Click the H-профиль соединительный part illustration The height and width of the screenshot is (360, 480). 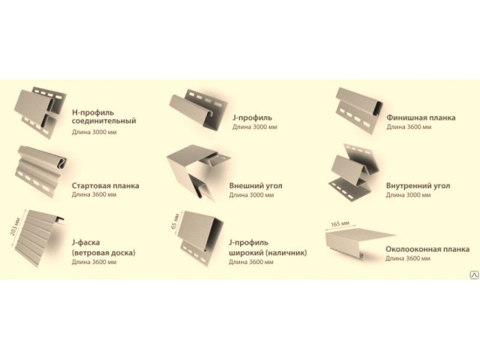pos(40,112)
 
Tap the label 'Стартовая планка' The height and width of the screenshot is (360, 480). pos(105,186)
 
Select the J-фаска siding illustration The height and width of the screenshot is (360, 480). pos(40,238)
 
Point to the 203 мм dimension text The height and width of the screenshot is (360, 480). pos(15,226)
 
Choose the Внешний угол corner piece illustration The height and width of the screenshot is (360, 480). pos(199,172)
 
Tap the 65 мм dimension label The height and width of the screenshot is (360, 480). pos(175,221)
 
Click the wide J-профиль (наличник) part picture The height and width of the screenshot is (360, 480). pos(202,238)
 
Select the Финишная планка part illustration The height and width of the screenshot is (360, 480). pos(359,110)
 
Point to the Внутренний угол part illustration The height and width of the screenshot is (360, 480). pos(355,171)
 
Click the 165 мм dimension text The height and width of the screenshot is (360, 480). pos(340,223)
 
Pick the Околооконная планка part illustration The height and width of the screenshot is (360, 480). pos(360,242)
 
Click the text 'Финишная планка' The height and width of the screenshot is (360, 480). pos(421,118)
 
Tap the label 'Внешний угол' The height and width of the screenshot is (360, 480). pos(256,186)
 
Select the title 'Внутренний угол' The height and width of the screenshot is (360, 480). pos(418,186)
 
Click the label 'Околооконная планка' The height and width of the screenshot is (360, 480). pos(427,249)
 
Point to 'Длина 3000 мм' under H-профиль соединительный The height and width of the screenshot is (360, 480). pos(94,132)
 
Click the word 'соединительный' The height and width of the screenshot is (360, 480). pos(103,121)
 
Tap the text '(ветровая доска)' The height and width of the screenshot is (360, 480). pos(103,253)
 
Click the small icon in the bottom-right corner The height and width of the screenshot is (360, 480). pos(474,275)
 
